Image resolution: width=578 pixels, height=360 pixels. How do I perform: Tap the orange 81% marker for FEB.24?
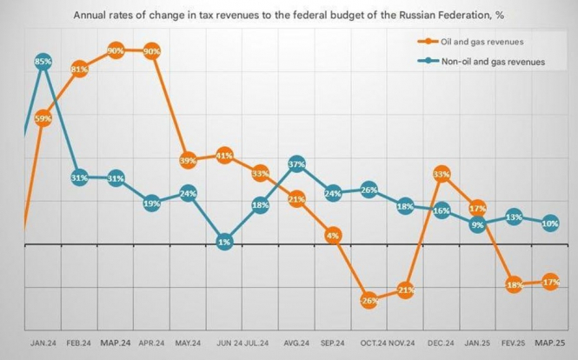pyautogui.click(x=79, y=69)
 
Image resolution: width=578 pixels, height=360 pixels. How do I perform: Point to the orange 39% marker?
pyautogui.click(x=188, y=161)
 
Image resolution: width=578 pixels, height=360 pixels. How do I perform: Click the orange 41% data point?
pyautogui.click(x=224, y=156)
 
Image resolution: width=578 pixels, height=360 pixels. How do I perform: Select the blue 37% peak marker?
pyautogui.click(x=296, y=163)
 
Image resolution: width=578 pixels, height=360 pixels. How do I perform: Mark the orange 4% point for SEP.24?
pyautogui.click(x=332, y=235)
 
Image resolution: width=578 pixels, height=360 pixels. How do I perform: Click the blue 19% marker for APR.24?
pyautogui.click(x=152, y=203)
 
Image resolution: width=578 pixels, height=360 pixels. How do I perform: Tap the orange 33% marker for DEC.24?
pyautogui.click(x=442, y=174)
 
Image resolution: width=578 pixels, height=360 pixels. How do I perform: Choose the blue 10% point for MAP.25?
pyautogui.click(x=550, y=223)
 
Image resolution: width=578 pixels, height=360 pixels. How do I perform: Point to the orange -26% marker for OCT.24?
pyautogui.click(x=369, y=300)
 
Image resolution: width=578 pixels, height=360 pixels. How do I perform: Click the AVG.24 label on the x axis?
pyautogui.click(x=296, y=342)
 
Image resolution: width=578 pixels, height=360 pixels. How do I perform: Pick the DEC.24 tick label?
pyautogui.click(x=441, y=342)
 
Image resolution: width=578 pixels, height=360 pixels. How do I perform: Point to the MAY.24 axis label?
pyautogui.click(x=188, y=342)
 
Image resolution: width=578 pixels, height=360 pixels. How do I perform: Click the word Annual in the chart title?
pyautogui.click(x=93, y=15)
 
